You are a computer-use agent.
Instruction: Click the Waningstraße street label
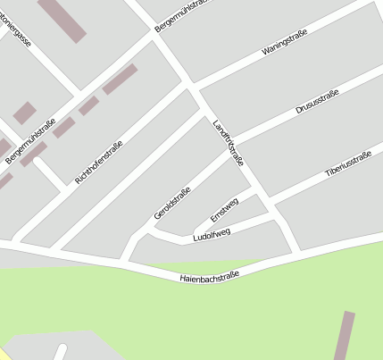pos(285,43)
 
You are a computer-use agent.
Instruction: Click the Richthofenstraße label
pos(98,162)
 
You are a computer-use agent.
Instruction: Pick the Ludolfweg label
pos(212,234)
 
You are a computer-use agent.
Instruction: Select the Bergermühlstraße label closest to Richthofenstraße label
pos(30,141)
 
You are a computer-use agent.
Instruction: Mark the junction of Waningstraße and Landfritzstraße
pos(189,86)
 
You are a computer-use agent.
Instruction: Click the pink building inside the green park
pos(343,336)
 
